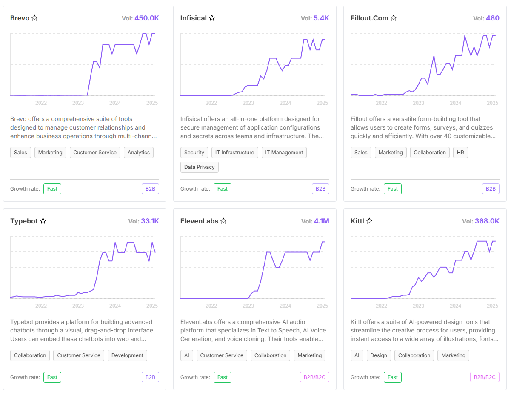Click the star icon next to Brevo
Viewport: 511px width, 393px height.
(35, 18)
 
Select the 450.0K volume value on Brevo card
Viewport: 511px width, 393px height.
(147, 18)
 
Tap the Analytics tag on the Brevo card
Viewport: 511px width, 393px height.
(139, 153)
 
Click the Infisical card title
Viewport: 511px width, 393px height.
(194, 18)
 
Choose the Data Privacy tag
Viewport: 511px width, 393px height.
(199, 167)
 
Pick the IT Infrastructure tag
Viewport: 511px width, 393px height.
(234, 153)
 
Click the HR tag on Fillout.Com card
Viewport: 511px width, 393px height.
(460, 153)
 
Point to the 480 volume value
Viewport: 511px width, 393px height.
(493, 18)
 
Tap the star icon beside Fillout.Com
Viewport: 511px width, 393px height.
(394, 18)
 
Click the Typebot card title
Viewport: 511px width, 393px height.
(24, 221)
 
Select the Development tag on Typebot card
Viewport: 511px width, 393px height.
(128, 355)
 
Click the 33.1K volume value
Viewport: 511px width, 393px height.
(150, 221)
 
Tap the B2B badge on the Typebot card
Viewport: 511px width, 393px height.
(150, 377)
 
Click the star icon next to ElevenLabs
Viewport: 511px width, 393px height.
(223, 221)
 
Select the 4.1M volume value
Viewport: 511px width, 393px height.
(321, 221)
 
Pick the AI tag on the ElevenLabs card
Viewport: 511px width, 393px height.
(186, 355)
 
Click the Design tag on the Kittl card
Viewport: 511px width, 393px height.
(379, 355)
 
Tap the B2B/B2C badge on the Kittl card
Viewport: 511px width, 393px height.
(485, 377)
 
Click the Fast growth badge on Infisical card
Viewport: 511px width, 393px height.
(223, 189)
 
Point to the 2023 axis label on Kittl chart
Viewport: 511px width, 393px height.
(418, 306)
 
